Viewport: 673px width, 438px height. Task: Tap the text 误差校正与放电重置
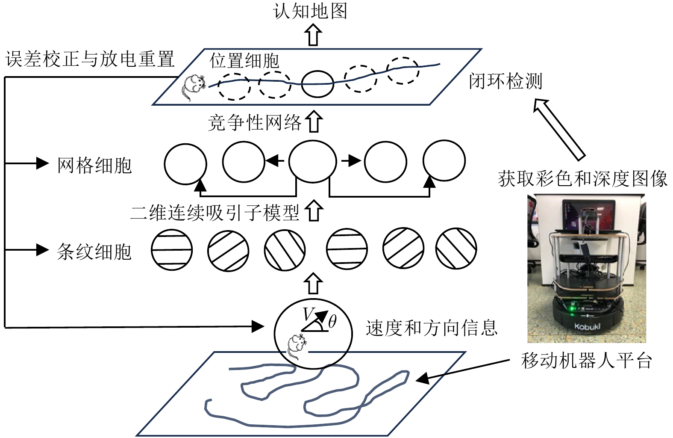[90, 59]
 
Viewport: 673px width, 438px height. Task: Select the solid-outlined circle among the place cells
[317, 83]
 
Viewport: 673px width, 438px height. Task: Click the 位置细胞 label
[244, 61]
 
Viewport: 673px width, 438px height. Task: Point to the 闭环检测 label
[505, 81]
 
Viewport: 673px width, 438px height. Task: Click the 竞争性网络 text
[255, 123]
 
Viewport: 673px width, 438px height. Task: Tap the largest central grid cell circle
[312, 162]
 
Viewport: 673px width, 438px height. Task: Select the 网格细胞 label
[94, 166]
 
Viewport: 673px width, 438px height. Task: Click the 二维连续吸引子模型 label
[215, 213]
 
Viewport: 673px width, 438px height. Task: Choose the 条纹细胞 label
[94, 252]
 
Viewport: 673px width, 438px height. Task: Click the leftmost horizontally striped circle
[172, 250]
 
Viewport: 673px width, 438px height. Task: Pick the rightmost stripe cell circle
[456, 249]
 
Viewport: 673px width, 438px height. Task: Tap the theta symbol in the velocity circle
[332, 321]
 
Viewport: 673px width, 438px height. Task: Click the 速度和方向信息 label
[432, 328]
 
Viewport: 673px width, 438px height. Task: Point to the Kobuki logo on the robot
[587, 327]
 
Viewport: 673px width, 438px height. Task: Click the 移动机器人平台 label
[586, 361]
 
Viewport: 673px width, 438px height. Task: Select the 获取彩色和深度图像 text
[582, 179]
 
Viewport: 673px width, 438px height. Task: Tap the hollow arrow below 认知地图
[314, 35]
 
